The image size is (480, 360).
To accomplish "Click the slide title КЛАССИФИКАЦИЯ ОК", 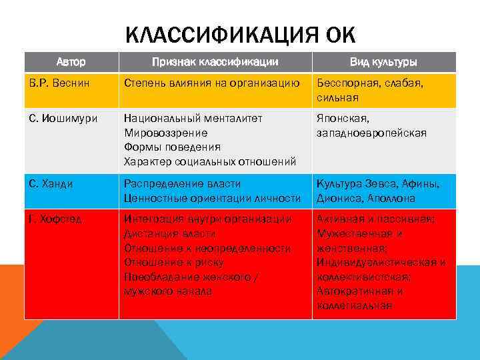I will (240, 34).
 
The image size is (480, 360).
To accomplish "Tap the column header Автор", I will (71, 62).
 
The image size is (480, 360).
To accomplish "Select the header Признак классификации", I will (215, 62).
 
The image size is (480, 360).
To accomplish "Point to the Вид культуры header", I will (383, 62).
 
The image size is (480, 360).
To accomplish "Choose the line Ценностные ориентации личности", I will (212, 197).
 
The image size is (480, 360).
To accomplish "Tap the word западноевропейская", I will (371, 133).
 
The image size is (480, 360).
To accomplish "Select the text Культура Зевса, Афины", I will (377, 183).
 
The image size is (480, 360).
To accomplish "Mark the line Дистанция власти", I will (169, 233).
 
